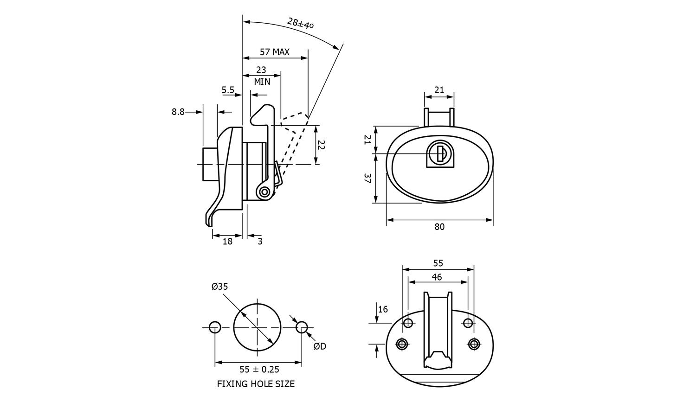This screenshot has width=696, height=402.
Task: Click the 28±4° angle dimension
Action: (300, 23)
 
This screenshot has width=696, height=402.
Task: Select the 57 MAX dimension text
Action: (274, 52)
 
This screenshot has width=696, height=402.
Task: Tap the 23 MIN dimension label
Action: (262, 76)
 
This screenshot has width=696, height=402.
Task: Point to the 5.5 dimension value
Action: (228, 90)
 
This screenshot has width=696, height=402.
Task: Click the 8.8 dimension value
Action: (178, 112)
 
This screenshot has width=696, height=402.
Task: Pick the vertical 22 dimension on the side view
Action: (321, 145)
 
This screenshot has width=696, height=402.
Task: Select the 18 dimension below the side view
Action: (227, 241)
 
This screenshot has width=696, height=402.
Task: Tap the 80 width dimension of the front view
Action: (439, 227)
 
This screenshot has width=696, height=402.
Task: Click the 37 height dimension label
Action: (367, 178)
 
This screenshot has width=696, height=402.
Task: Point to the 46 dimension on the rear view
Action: (437, 277)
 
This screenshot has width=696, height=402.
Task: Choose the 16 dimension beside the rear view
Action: (383, 309)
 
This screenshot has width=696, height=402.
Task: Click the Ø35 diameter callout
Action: (219, 287)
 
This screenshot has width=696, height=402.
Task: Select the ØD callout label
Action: (320, 346)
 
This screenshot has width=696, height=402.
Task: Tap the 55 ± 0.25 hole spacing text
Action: (259, 369)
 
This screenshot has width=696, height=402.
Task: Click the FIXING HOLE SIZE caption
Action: (256, 384)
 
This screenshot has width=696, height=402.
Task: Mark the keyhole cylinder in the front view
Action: (438, 153)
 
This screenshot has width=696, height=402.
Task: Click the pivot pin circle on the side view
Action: (264, 192)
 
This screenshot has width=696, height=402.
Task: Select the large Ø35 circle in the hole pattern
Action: (257, 327)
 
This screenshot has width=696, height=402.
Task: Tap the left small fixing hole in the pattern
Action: (215, 327)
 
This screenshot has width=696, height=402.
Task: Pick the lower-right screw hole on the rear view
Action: (473, 344)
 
